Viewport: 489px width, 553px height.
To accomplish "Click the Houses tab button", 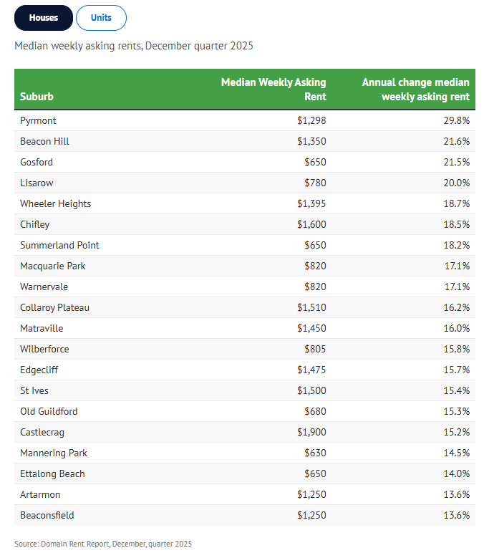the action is [x=44, y=18].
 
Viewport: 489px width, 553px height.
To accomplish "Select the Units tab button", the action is [x=101, y=18].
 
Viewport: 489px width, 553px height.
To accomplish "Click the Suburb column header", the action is [x=37, y=97].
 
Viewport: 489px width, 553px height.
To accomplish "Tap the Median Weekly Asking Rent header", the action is [x=273, y=90].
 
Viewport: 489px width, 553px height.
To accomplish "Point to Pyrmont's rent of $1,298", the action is [x=311, y=120].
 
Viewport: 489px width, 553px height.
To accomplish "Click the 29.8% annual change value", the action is [x=457, y=120].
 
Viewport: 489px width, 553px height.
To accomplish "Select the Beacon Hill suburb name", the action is [x=45, y=141].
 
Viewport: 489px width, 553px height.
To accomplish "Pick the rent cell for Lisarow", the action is [x=316, y=183].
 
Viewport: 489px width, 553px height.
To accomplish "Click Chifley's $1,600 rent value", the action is [x=311, y=225].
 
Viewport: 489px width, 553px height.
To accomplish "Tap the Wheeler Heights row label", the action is [x=56, y=204].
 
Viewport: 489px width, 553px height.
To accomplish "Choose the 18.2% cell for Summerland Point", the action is [x=457, y=246].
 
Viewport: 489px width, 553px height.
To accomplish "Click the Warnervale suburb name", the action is [x=44, y=287].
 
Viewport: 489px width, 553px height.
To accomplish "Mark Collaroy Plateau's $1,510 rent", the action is [x=311, y=307].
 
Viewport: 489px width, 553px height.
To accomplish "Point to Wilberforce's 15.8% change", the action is [x=457, y=349].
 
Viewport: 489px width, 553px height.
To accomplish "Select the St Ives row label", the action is [x=34, y=391].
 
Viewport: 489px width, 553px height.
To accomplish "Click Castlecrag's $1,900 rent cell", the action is [x=311, y=433].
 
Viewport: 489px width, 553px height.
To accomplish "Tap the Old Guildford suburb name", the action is [x=49, y=412].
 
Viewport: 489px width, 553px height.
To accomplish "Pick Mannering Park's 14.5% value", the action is [x=457, y=453].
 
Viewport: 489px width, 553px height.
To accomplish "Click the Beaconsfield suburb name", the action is [x=47, y=515].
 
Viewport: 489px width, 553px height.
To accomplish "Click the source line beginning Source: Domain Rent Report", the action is [x=103, y=544].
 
